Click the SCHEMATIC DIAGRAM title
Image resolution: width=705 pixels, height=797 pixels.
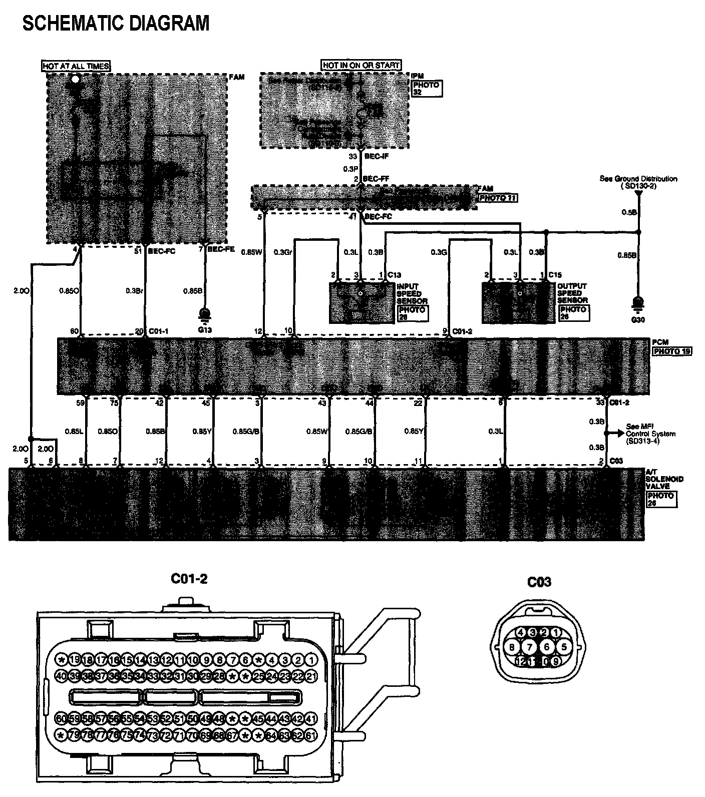coord(116,23)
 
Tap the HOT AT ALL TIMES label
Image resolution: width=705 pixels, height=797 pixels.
coord(76,66)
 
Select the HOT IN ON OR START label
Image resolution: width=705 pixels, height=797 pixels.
coord(361,65)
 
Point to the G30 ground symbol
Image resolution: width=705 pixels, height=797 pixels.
coord(638,304)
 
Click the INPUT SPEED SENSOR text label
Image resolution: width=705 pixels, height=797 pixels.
coord(412,294)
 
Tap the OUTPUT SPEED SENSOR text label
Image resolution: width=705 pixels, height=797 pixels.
coord(572,293)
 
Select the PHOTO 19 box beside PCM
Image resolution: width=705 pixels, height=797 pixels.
coord(671,351)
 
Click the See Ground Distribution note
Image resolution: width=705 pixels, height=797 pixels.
coord(638,182)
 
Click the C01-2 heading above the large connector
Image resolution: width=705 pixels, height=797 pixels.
coord(189,579)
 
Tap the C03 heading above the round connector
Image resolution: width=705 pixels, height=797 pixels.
coord(539,582)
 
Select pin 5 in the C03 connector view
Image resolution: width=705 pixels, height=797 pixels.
coord(564,647)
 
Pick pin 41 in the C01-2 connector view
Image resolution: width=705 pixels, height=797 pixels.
coord(311,719)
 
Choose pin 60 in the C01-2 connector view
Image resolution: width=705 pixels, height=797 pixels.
coord(61,719)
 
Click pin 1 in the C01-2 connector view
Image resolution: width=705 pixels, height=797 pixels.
coord(311,660)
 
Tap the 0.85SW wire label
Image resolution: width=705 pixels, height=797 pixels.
coord(251,252)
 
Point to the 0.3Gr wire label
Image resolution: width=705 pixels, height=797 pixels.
coord(283,252)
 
